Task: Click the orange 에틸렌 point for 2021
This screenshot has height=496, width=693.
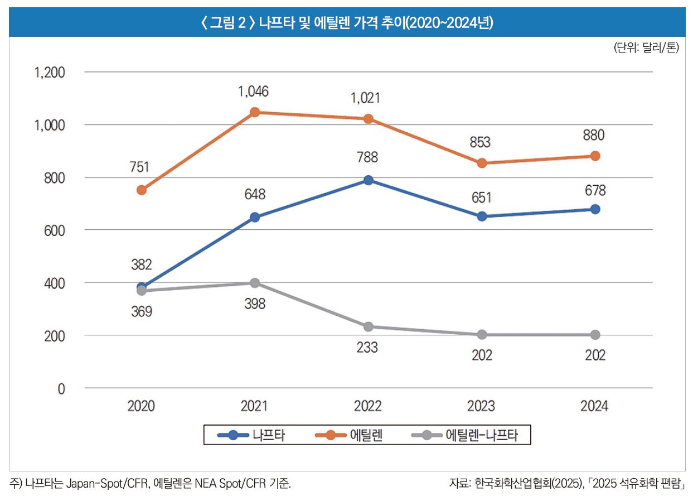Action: (255, 112)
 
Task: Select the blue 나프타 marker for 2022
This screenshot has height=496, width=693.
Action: (368, 180)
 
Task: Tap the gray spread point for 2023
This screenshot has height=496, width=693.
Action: (482, 335)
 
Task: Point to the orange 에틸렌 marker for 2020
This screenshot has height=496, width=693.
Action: (142, 190)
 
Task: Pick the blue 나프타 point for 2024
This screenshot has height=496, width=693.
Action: (595, 209)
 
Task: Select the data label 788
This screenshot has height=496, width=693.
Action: (368, 158)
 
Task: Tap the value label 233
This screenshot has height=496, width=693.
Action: (367, 348)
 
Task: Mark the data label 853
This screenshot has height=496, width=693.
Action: (480, 143)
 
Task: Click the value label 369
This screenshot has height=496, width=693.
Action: (141, 312)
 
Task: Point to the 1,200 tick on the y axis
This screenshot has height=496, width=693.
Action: (50, 73)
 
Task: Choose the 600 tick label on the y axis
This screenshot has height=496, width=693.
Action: (55, 230)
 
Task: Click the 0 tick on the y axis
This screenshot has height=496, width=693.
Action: (61, 389)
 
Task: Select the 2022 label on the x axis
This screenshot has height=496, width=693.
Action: (368, 406)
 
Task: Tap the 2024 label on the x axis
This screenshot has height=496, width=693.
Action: (594, 406)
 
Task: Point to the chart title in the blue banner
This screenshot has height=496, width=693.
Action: (346, 23)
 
